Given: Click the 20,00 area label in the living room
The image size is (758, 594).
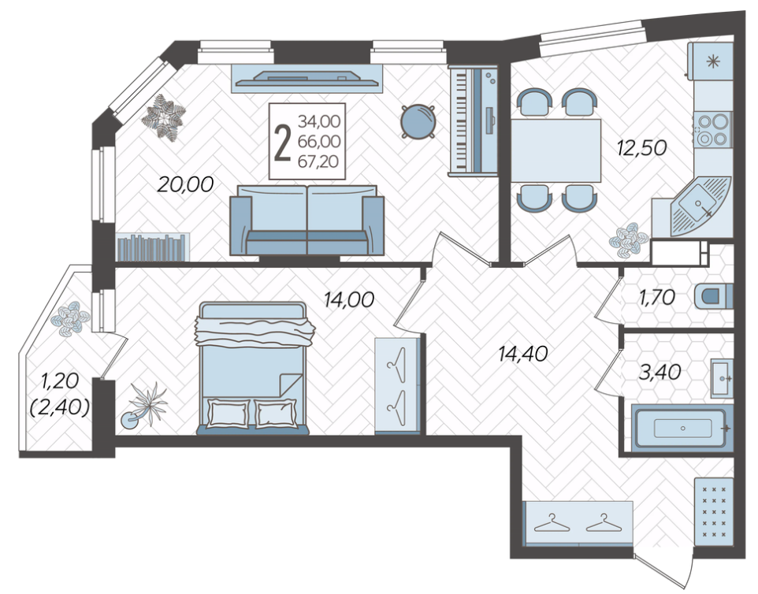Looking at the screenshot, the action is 186,184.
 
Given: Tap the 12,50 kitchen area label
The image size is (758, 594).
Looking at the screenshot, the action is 641,147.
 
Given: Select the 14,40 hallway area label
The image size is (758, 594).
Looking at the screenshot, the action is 523,355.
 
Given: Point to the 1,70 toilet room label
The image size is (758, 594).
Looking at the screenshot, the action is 656,298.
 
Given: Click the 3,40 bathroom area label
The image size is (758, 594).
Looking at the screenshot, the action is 660,372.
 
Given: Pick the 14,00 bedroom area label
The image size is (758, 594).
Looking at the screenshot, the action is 349,299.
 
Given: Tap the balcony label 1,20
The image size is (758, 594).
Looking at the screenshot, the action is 60,381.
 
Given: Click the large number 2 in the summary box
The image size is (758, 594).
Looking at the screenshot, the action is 282,142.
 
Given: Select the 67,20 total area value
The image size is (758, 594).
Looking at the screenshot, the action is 319,161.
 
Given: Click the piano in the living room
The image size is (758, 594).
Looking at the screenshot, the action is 473,121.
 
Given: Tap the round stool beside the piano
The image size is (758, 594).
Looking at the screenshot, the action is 418,122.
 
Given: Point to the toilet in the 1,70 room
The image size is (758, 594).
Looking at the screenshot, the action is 714,297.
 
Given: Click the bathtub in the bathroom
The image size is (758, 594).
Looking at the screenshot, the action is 682,429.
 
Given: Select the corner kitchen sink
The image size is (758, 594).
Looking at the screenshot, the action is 699,207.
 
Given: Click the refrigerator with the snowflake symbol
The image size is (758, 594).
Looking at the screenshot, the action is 711,61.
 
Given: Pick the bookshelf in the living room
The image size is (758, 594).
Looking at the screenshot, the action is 153,247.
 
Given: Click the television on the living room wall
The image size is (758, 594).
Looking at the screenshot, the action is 307,78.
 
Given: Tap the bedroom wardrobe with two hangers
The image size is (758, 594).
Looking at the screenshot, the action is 397,385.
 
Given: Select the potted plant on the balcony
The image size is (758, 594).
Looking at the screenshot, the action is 71,318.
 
